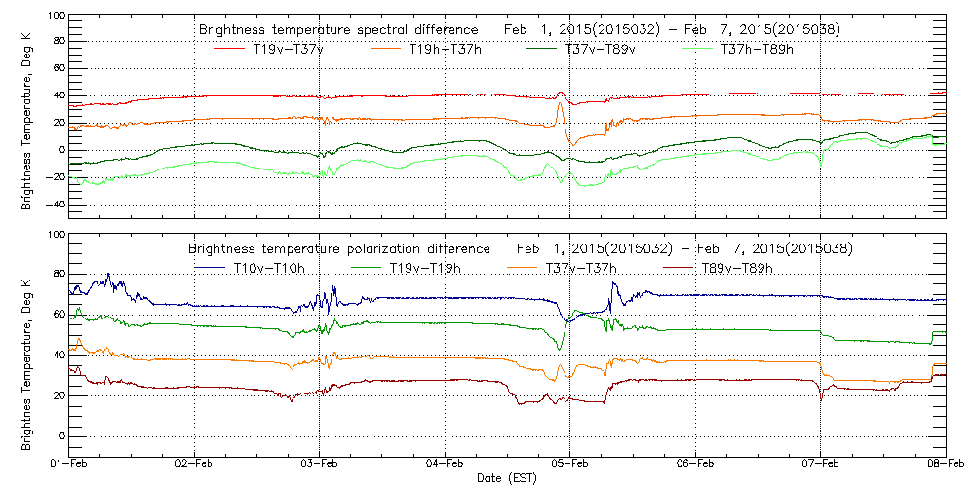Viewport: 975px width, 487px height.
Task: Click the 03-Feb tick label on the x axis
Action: pos(320,466)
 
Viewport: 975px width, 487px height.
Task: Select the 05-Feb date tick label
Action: pos(569,466)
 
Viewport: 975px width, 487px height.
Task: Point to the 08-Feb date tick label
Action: pos(944,466)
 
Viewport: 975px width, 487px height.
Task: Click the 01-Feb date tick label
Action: pos(70,466)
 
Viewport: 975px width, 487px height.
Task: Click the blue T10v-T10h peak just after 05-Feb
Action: pos(613,281)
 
